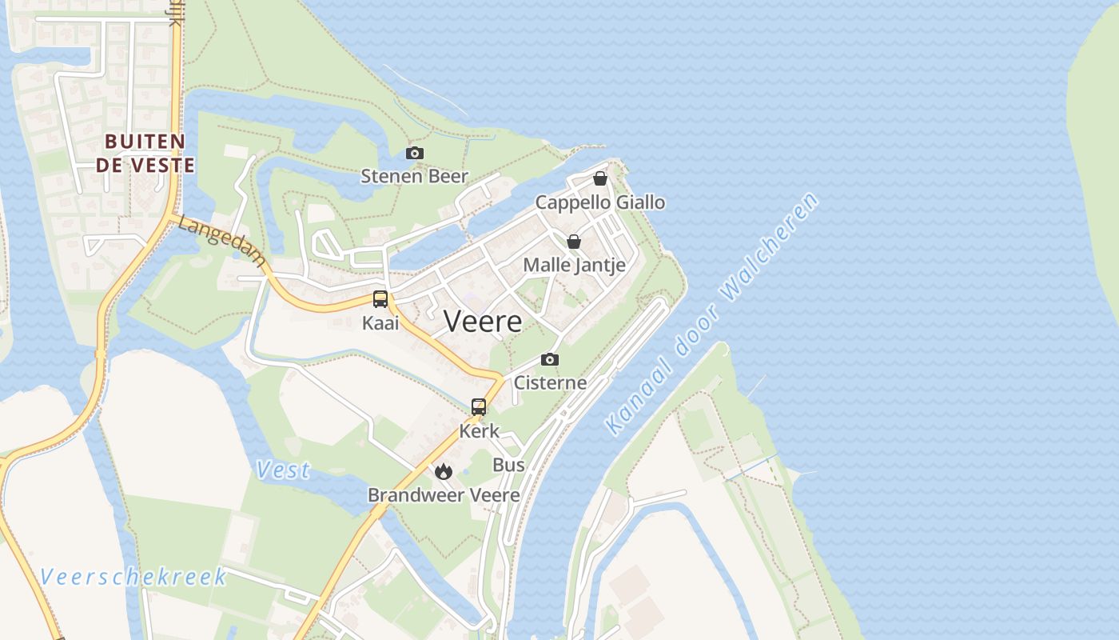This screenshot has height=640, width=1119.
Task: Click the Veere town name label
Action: [483, 322]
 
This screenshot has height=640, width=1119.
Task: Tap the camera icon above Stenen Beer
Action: [414, 153]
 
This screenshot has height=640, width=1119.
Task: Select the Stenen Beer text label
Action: [414, 176]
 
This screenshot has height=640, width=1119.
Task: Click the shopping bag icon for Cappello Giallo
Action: [599, 178]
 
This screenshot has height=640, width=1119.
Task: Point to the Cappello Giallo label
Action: [599, 202]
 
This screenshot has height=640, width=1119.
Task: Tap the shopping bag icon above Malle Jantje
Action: [573, 241]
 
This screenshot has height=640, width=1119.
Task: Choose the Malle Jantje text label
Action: [574, 265]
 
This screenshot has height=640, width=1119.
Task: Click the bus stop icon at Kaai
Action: [380, 299]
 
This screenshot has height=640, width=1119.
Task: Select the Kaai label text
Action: [380, 323]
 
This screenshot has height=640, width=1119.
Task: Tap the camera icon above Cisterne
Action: [550, 359]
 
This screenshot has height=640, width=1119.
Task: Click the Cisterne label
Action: [550, 382]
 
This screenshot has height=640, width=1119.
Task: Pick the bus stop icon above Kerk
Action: [479, 406]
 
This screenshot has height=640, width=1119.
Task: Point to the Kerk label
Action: [479, 430]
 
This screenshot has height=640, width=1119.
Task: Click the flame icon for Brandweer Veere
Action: [444, 471]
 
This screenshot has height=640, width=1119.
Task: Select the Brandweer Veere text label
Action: [444, 495]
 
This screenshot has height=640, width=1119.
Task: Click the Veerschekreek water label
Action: [133, 577]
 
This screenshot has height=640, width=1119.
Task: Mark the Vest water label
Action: [283, 470]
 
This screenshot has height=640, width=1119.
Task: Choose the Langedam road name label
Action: [220, 238]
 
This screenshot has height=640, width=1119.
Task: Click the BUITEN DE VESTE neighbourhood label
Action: [145, 154]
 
